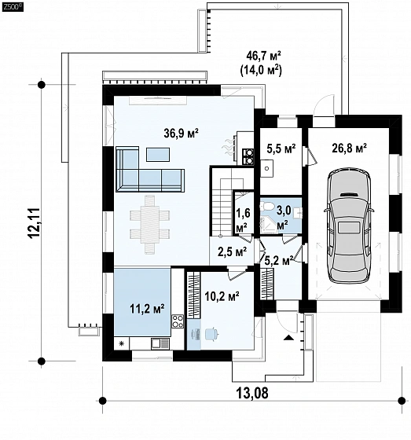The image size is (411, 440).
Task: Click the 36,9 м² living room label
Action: point(181,133)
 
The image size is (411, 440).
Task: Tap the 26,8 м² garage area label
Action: point(349,148)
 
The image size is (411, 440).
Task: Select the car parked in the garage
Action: point(349,225)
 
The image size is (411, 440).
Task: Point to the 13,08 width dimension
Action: point(251,393)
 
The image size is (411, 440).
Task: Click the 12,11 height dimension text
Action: point(35,223)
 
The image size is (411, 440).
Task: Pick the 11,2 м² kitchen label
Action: point(147,309)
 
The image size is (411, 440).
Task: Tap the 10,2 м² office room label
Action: point(222,296)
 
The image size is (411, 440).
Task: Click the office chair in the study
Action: point(211,334)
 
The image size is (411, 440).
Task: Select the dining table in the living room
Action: point(150,225)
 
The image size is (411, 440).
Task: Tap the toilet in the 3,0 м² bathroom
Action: point(266,207)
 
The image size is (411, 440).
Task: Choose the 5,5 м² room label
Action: point(281,148)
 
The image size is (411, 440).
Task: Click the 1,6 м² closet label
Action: point(243,220)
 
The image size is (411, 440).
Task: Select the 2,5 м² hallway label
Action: point(232,251)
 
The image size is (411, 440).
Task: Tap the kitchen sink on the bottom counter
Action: point(160,343)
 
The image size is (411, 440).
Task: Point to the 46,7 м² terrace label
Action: point(263,56)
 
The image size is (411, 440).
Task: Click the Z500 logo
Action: point(13,8)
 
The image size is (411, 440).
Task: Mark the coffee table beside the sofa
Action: point(158,155)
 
